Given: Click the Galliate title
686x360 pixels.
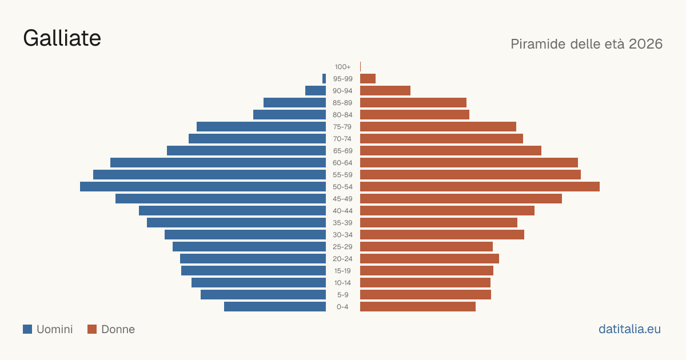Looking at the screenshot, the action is pos(62,38).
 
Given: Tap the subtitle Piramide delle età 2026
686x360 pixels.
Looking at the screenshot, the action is pos(587,44).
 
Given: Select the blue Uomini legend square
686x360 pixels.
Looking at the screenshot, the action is pos(27,329).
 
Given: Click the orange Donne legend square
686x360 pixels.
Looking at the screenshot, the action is pos(92,329).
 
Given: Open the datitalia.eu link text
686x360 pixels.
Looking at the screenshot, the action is pos(629,329).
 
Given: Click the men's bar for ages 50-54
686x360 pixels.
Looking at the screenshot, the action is pos(203,187).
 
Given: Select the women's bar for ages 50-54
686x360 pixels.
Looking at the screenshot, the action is pos(480,187).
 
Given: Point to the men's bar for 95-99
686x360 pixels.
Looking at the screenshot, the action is pos(324,79).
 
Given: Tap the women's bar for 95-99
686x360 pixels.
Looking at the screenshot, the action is pos(368,79).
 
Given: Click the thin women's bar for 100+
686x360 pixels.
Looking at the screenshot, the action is pos(361,67).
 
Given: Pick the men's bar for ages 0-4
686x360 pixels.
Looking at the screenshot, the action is pos(275,307).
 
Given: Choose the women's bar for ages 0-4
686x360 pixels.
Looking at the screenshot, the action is pos(418,307).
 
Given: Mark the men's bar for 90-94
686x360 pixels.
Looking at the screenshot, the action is pos(316,91).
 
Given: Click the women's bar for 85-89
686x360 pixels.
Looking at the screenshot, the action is pos(413,102).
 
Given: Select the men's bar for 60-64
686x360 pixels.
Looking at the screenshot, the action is pos(218,162).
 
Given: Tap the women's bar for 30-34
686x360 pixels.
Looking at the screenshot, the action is pos(442,235).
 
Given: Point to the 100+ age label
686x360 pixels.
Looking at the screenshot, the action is pos(342,67).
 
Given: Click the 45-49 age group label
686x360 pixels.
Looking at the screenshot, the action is pos(342,199).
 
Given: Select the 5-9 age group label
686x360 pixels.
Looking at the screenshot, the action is pos(342,295).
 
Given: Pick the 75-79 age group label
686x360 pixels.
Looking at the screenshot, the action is pos(342,127).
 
